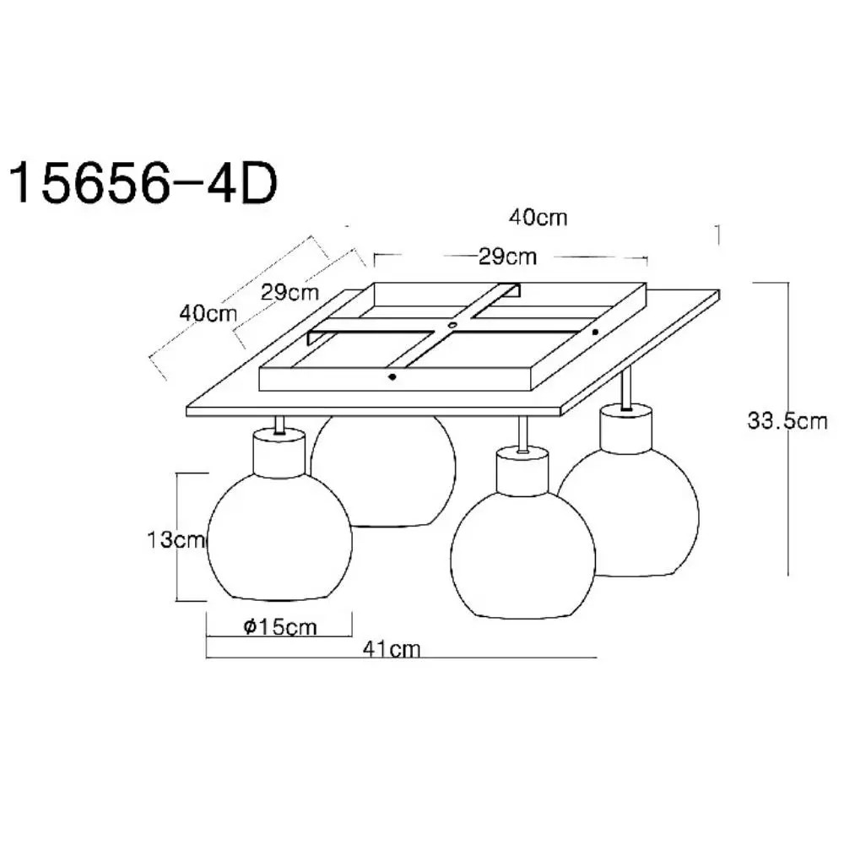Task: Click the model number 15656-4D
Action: click(143, 184)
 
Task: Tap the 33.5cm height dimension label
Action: click(787, 421)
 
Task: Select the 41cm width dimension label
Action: click(392, 649)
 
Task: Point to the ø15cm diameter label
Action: click(280, 626)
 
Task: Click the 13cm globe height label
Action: click(176, 539)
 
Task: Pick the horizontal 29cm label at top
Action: click(507, 257)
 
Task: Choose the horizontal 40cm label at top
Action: click(538, 218)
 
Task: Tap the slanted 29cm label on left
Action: click(289, 293)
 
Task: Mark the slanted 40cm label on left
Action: click(208, 313)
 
